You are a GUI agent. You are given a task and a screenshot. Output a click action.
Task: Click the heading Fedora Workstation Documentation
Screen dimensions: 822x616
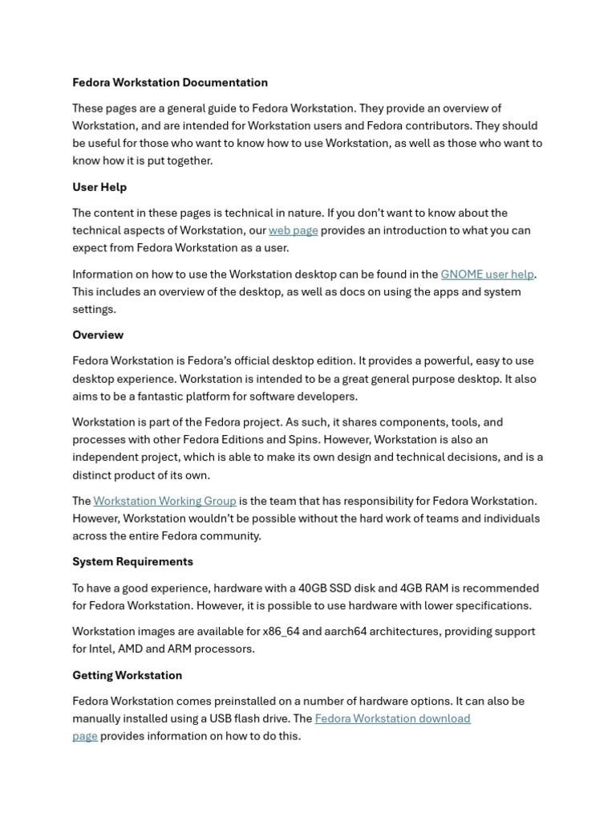pyautogui.click(x=170, y=83)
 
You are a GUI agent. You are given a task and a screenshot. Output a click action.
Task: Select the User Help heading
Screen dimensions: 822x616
pyautogui.click(x=99, y=187)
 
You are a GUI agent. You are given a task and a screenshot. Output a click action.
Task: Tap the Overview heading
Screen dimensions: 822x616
pyautogui.click(x=98, y=335)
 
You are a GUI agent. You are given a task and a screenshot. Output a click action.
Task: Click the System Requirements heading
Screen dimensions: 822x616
pyautogui.click(x=132, y=562)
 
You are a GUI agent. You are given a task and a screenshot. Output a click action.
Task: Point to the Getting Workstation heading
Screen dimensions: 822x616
pyautogui.click(x=127, y=675)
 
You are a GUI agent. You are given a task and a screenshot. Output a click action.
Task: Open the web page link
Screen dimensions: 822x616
pyautogui.click(x=293, y=230)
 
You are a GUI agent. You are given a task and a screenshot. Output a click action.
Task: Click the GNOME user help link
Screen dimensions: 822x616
pyautogui.click(x=487, y=275)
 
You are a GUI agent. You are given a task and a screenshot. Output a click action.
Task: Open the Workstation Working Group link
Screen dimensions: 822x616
pyautogui.click(x=164, y=501)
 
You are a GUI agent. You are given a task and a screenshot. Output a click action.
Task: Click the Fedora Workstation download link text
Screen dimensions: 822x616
pyautogui.click(x=392, y=718)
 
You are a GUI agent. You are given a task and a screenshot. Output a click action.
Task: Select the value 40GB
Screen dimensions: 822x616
pyautogui.click(x=315, y=588)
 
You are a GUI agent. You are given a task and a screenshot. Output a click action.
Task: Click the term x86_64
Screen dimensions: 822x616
pyautogui.click(x=281, y=632)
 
